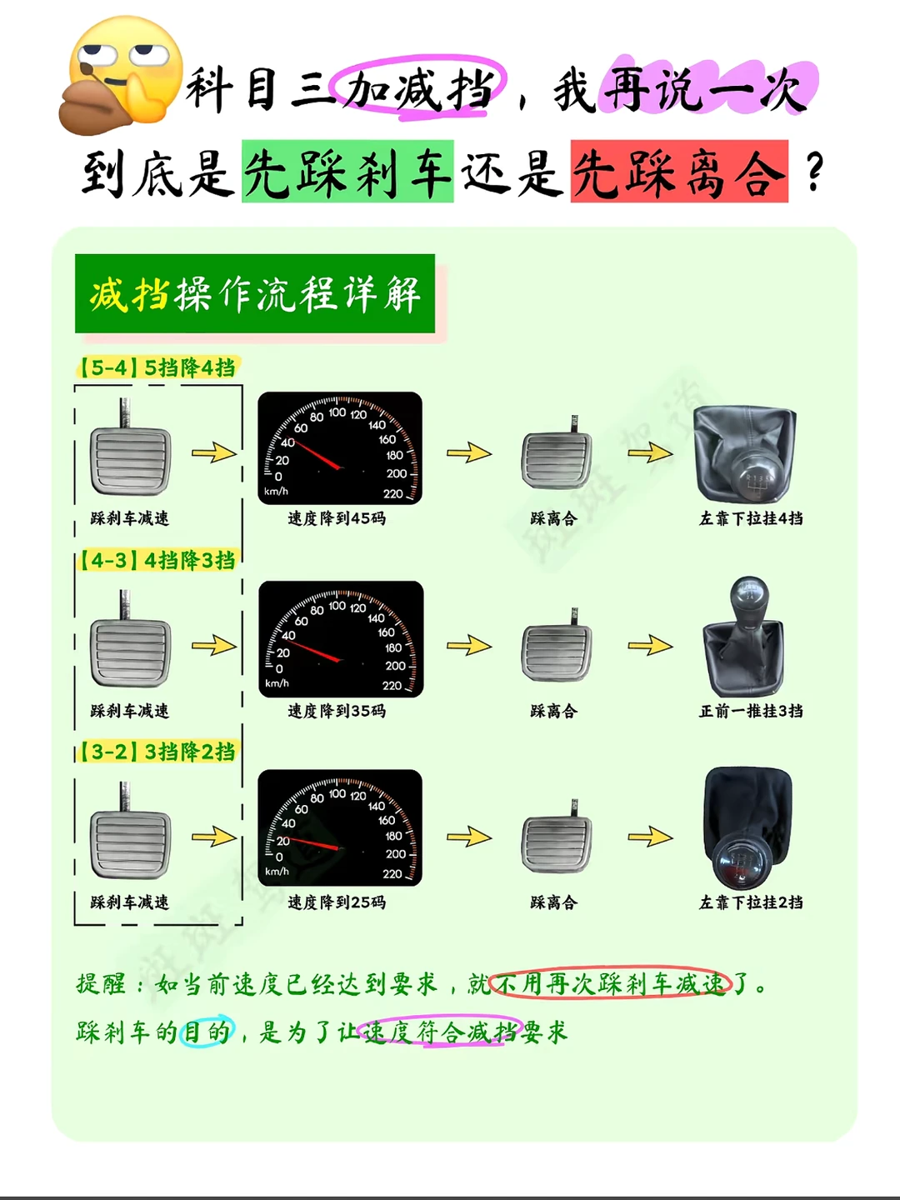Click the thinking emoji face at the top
point(122,75)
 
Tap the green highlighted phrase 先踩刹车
point(347,171)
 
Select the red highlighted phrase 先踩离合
point(679,171)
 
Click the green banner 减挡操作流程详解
point(255,293)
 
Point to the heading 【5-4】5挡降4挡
point(157,367)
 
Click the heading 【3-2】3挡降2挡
point(157,752)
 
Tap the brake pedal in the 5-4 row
point(130,447)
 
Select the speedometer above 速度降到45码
point(340,448)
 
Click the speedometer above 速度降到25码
point(340,827)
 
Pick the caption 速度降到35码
point(337,711)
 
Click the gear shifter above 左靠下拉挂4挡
point(745,454)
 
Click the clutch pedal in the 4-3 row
point(557,645)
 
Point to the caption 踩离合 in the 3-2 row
point(553,902)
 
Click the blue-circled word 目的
point(207,1031)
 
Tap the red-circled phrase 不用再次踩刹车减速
point(610,984)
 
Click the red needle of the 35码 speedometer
point(313,650)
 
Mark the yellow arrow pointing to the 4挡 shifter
point(650,452)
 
